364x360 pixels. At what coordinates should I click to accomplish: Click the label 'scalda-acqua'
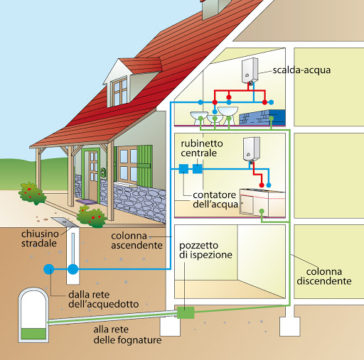point(301,70)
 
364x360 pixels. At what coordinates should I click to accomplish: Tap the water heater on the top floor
point(250,70)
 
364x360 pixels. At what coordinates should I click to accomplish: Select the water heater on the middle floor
point(252,149)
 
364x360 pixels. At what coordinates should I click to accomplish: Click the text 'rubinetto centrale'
point(202,148)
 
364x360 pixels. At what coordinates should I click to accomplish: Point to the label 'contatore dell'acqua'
point(215,200)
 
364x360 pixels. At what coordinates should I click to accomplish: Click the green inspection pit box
point(186,312)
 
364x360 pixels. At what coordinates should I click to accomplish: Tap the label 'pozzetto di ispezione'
point(205,250)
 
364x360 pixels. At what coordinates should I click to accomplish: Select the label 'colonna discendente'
point(324,276)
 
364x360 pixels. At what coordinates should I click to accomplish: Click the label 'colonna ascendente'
point(136,241)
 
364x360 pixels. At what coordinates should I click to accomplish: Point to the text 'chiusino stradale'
point(40,239)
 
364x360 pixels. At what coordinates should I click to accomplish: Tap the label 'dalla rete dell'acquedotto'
point(104,300)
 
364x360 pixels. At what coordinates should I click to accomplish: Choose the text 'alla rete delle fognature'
point(127,334)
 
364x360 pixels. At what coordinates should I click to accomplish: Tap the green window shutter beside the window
point(144,166)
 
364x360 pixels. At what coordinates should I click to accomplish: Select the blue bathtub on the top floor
point(262,117)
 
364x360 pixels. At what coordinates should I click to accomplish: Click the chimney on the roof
point(215,9)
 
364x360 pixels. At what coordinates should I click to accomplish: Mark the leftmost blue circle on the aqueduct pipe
point(49,269)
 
